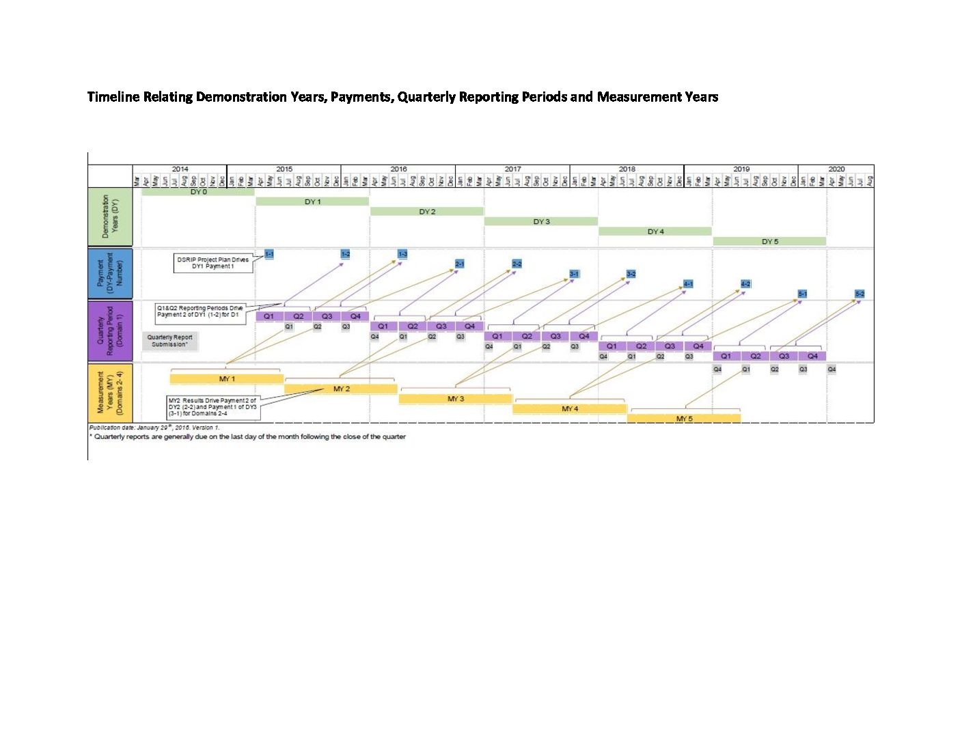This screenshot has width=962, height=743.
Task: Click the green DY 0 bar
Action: [198, 192]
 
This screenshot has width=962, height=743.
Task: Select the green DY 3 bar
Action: [541, 221]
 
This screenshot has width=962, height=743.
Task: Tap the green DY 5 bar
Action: [770, 241]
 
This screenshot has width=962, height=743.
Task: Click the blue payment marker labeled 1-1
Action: [269, 254]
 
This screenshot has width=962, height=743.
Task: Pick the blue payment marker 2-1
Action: [460, 264]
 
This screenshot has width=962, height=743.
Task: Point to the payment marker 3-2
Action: [631, 274]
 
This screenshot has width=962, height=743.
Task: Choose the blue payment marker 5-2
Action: [860, 294]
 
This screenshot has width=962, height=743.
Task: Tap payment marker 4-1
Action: [689, 283]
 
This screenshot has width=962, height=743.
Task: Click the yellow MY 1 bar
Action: [227, 378]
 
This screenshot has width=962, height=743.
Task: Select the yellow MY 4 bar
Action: [570, 408]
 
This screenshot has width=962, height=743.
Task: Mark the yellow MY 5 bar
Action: [684, 418]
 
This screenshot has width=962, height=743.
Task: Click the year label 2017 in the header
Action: [512, 169]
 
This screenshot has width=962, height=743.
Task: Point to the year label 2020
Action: [836, 169]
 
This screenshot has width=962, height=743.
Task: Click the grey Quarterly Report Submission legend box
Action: [170, 341]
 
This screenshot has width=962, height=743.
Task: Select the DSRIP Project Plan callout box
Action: [213, 263]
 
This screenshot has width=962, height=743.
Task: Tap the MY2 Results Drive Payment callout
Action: [212, 407]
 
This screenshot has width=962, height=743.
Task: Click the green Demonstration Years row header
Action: [110, 216]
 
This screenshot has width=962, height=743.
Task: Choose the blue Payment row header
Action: [110, 273]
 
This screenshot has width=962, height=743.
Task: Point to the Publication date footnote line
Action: [154, 427]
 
